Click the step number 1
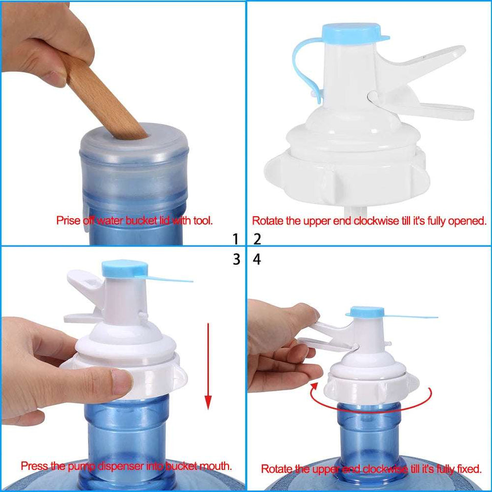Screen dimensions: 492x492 click(x=236, y=239)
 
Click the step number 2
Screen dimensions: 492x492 click(x=257, y=239)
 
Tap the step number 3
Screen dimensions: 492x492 click(x=236, y=260)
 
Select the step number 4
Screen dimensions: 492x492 click(x=257, y=260)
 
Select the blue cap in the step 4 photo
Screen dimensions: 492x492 click(x=364, y=312)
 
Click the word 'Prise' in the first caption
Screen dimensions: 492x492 click(x=67, y=221)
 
